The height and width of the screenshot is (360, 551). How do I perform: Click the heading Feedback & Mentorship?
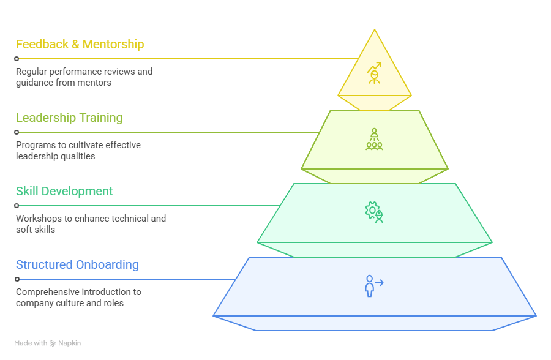pos(80,45)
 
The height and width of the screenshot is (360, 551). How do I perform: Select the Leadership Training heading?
pos(69,118)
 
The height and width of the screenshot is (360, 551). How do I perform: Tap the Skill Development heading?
pos(64,192)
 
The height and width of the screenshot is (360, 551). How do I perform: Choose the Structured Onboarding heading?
pos(77,265)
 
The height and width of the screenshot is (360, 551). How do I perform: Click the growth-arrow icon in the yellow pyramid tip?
pos(374,73)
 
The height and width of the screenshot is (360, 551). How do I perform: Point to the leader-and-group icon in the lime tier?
pos(374,140)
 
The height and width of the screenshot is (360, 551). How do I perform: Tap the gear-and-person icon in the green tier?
pos(374,213)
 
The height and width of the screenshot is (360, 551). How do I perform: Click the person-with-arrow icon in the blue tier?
pos(373,285)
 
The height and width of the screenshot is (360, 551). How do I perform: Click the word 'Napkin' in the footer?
pos(70,343)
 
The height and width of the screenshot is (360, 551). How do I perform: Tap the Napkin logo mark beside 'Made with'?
pos(53,343)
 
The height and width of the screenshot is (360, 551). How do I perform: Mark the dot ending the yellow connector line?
pos(17,59)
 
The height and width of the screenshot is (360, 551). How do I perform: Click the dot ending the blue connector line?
pos(17,279)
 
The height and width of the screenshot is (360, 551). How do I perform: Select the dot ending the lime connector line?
pos(17,132)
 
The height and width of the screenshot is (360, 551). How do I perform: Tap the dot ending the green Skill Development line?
pos(17,206)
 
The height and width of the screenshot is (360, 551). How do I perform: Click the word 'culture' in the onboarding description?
pos(72,303)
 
